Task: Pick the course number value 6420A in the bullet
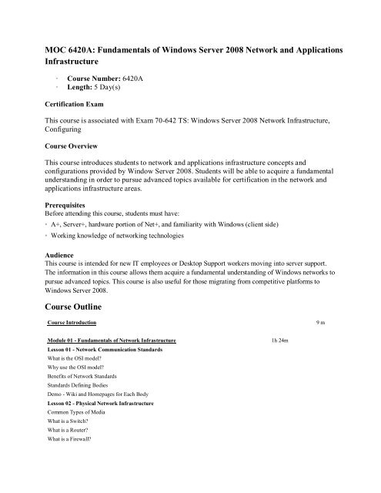pyautogui.click(x=139, y=79)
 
